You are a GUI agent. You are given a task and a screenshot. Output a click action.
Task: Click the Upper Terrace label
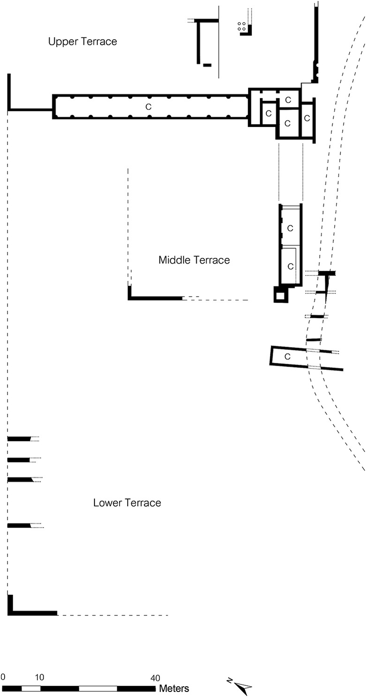[x=83, y=42]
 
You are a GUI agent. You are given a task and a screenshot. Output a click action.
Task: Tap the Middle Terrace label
[x=194, y=260]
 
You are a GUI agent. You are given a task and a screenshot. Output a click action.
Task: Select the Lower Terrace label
[x=127, y=502]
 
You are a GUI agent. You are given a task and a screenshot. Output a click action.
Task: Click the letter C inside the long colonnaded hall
[x=148, y=107]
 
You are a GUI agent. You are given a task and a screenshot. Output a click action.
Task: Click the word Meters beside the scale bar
[x=174, y=689]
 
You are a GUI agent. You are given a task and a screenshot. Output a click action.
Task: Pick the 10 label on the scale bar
[x=39, y=677]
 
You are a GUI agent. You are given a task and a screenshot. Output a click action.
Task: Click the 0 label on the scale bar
[x=3, y=677]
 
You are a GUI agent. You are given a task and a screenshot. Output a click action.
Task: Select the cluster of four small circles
[x=241, y=26]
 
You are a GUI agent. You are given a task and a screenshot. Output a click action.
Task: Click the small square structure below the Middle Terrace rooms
[x=281, y=294]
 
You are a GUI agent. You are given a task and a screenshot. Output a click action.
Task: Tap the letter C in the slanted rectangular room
[x=287, y=356]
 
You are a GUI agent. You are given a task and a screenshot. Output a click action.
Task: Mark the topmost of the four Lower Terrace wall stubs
[x=19, y=439]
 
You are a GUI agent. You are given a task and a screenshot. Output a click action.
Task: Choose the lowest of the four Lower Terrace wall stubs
[x=19, y=526]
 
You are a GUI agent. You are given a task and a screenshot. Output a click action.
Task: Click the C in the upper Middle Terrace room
[x=290, y=229]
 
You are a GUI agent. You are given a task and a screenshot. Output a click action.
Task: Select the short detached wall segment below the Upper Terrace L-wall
[x=208, y=65]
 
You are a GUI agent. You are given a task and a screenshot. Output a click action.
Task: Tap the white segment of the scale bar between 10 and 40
[x=98, y=689]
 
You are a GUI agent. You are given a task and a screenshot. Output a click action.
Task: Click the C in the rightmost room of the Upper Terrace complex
[x=307, y=118]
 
